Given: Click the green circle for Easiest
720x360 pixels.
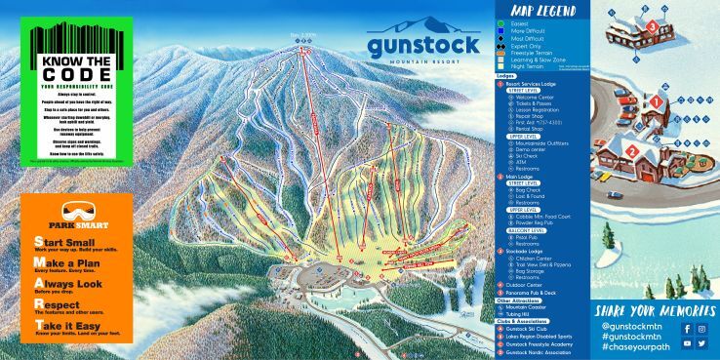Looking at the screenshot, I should click(x=500, y=22).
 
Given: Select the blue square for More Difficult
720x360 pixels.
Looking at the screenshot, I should click(x=500, y=30).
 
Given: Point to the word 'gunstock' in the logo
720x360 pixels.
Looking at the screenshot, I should click(x=423, y=45).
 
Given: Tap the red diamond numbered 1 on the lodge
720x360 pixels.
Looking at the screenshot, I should click(x=657, y=100).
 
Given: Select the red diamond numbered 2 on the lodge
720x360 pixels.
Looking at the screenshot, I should click(x=631, y=151).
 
